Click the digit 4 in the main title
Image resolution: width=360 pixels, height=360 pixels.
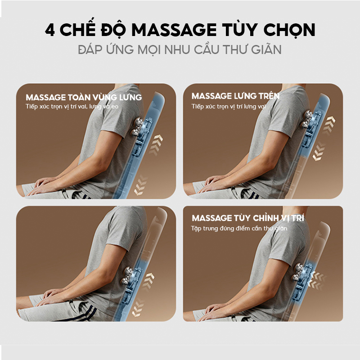[x=50, y=30]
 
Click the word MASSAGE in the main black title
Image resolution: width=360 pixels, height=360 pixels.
[x=174, y=30]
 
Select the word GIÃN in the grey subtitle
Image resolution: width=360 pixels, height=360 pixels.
[x=266, y=49]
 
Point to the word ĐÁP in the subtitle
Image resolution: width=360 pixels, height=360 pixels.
[x=90, y=49]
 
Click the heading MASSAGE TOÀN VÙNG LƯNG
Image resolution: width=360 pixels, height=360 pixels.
[x=84, y=97]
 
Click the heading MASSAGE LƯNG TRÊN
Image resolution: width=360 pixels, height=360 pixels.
[x=235, y=96]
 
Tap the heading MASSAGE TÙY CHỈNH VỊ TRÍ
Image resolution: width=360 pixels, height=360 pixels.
[x=248, y=218]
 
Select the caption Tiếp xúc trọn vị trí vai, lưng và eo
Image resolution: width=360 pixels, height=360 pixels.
[x=72, y=107]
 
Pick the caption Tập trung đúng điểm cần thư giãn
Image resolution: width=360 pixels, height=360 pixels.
[x=239, y=229]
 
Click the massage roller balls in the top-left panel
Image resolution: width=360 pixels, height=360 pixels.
[x=136, y=127]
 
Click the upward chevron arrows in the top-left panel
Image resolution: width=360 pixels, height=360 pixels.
[x=156, y=145]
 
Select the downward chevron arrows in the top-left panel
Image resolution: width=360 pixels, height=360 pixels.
[x=140, y=185]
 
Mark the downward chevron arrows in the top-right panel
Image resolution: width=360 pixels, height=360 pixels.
[x=319, y=151]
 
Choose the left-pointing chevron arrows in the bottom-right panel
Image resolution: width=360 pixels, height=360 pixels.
[x=317, y=279]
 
